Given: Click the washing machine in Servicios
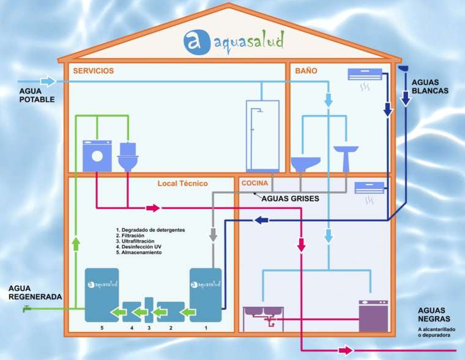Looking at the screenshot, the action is click(x=97, y=156).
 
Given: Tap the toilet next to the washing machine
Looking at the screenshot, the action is click(x=128, y=157).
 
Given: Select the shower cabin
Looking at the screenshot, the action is click(x=262, y=136).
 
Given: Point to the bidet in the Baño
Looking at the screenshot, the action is click(x=305, y=164).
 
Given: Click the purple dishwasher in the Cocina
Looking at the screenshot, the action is click(x=373, y=316).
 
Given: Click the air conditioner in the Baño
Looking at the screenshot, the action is click(x=365, y=74).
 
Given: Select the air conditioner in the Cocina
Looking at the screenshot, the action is click(x=370, y=188).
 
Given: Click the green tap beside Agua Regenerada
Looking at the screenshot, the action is click(x=27, y=309).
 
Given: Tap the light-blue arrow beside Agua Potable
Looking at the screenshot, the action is click(x=48, y=81).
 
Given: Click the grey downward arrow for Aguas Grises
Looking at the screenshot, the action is click(x=213, y=234).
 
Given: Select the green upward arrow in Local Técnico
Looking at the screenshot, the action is click(x=76, y=243).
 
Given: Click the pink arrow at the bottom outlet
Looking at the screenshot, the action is click(x=346, y=350).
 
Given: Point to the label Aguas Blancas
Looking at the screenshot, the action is click(x=430, y=87).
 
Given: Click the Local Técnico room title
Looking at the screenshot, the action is click(x=182, y=183).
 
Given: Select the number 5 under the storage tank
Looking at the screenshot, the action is click(x=102, y=328).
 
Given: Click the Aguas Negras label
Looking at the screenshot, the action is click(x=434, y=315).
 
